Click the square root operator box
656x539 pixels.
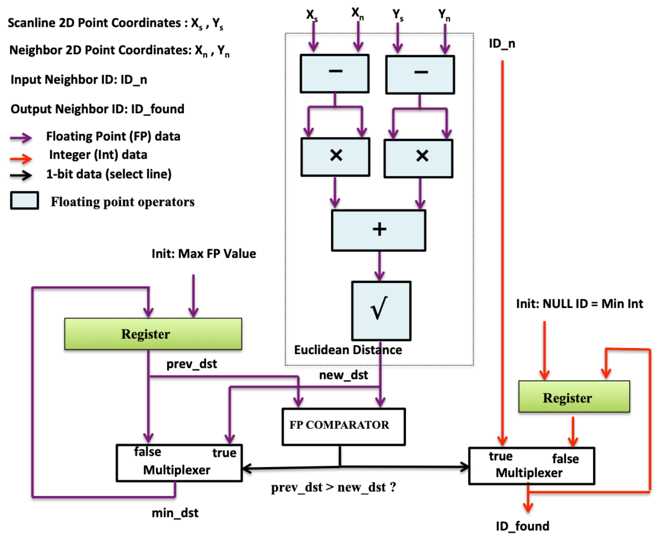pos(381,310)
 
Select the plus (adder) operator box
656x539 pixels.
pos(378,230)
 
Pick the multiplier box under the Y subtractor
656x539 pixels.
pos(418,158)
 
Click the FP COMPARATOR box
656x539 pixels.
pos(343,427)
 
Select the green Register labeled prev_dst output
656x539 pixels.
pos(153,334)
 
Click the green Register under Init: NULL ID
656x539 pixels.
pos(574,396)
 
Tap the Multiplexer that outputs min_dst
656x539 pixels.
pos(179,463)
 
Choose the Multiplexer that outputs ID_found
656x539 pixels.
pos(531,466)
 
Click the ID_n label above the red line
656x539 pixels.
pos(502,43)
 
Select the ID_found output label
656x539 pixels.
pos(522,526)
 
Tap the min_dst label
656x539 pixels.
pos(175,513)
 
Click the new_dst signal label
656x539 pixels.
pos(343,375)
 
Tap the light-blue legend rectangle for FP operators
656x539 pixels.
pos(24,200)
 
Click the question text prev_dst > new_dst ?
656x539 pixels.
pos(333,487)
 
